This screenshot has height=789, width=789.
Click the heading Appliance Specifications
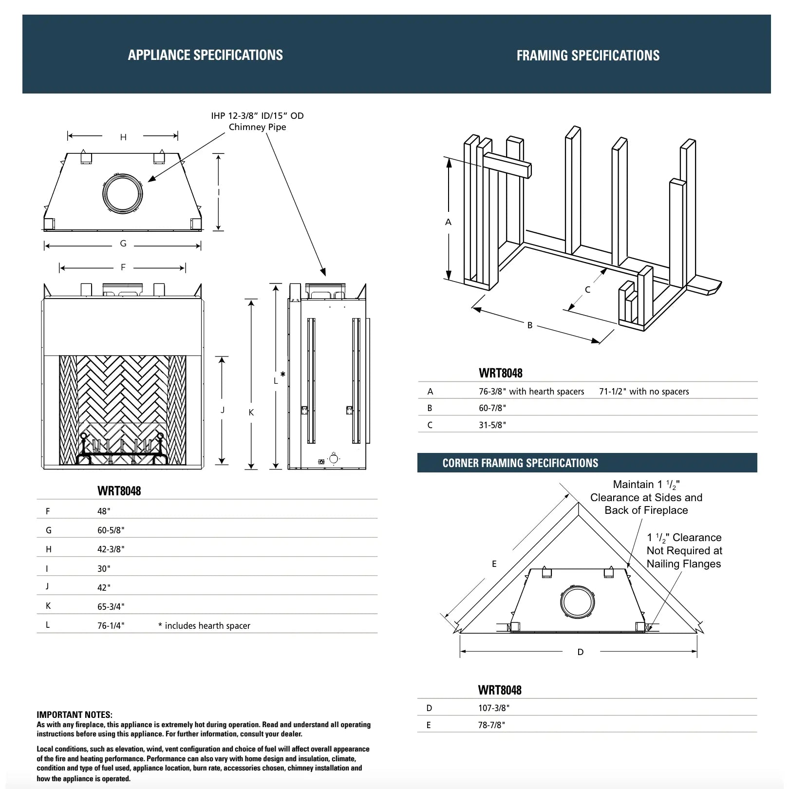205,55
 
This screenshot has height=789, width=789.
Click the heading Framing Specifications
588,56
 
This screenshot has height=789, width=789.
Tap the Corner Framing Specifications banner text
520,463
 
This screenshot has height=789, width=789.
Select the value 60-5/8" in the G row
111,530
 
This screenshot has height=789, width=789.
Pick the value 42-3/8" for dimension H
111,549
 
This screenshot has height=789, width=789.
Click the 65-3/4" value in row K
111,607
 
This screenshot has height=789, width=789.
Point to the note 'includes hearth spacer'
205,626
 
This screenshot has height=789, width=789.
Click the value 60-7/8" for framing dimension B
492,408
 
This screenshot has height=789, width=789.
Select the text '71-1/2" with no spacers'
644,392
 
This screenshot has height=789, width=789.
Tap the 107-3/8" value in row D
494,708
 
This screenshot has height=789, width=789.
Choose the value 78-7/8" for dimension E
491,725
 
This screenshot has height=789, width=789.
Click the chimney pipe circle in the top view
123,193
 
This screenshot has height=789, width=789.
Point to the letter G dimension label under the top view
123,244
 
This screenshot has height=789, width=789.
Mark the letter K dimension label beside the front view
251,413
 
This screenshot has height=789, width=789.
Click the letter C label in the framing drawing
587,290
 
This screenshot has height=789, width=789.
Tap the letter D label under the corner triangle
580,652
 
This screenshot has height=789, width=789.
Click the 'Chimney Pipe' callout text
257,127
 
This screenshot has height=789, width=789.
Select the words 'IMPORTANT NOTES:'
75,715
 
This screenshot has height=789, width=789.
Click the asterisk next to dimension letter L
283,375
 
